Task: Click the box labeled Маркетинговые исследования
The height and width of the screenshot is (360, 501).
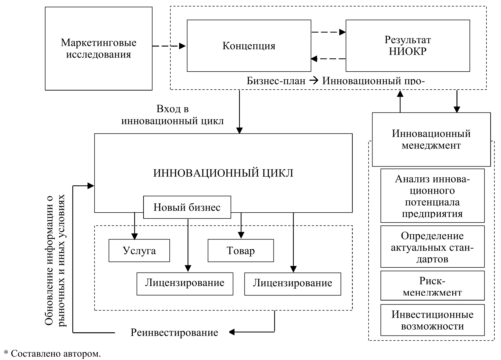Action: click(x=98, y=49)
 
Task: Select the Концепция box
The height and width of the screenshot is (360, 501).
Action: click(x=249, y=46)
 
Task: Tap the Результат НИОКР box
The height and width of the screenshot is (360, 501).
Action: click(x=408, y=45)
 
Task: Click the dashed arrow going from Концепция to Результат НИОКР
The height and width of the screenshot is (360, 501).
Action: click(x=328, y=32)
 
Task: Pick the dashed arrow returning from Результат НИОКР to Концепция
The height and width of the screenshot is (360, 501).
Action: click(x=328, y=58)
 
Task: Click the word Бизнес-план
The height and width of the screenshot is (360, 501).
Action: click(x=276, y=81)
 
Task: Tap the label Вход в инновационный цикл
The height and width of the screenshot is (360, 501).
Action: click(x=172, y=115)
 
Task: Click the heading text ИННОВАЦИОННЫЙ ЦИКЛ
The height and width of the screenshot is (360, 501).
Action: click(x=223, y=173)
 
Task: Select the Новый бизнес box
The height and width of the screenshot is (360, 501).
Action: click(x=187, y=207)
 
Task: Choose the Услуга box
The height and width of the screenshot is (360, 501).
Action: click(x=139, y=250)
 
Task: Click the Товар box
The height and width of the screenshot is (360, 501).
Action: click(x=241, y=250)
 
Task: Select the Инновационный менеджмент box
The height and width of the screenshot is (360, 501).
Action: click(x=431, y=140)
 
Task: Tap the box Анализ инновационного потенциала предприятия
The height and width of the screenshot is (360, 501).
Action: click(x=432, y=196)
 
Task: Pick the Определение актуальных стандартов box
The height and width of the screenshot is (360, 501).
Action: click(x=432, y=246)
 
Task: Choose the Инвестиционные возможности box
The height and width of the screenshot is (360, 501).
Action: click(x=432, y=320)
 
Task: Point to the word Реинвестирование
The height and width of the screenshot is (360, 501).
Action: click(x=174, y=333)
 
